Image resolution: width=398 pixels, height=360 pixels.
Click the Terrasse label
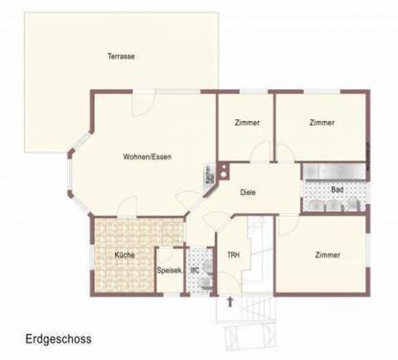(121, 57)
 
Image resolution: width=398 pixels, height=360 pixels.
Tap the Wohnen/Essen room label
(147, 156)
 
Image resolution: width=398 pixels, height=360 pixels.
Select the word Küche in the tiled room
(124, 254)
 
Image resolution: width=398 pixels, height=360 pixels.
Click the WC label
(195, 270)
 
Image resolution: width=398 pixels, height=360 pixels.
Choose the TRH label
(232, 254)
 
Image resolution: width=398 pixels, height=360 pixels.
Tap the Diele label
(248, 191)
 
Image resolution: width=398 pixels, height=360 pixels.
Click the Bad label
(337, 189)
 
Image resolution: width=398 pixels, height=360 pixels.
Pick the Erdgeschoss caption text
(59, 339)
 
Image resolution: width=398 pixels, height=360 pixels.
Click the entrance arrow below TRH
(229, 303)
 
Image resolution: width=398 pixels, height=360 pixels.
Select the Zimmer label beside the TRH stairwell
(327, 254)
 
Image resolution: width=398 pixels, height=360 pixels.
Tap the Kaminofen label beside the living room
(208, 176)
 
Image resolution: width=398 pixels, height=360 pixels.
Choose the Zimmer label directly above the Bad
(322, 123)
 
